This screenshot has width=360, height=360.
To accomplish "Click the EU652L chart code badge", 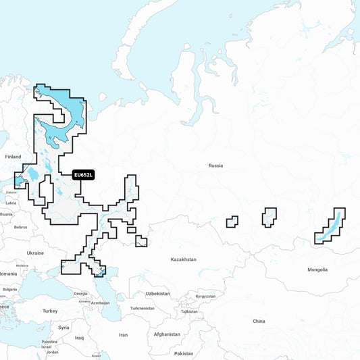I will (84, 176).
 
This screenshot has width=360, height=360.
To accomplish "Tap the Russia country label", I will (215, 165).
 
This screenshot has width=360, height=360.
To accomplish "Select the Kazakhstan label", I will (183, 259).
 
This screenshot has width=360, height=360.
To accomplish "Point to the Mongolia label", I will (317, 269).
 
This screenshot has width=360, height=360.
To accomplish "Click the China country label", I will (259, 322).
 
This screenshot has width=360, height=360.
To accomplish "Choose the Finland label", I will (13, 156).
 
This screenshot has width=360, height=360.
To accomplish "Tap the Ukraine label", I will (35, 253).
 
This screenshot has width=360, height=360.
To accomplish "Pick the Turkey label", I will (50, 311).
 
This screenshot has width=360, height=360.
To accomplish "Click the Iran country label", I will (123, 335).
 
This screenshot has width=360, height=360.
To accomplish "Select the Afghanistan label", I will (167, 334).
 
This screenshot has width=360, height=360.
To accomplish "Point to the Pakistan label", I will (183, 353).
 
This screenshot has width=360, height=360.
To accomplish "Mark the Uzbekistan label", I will (158, 294).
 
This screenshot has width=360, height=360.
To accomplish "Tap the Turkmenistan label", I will (143, 309).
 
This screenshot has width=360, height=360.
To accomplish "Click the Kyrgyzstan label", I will (205, 297).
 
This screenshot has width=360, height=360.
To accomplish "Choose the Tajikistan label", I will (189, 311).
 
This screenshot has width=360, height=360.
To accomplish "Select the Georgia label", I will (80, 294).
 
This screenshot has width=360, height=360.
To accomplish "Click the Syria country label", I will (63, 328).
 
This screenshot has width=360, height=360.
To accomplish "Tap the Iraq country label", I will (79, 337).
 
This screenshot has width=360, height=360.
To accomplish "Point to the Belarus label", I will (20, 228).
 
